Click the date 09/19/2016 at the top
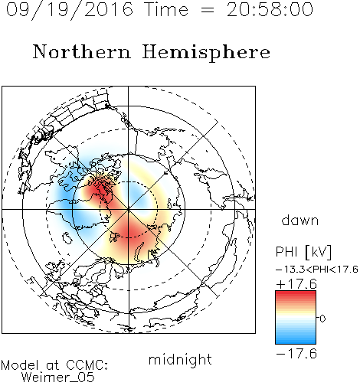pos(70,10)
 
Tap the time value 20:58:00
pos(270,9)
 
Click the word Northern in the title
pos(82,51)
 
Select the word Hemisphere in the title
pos(206,53)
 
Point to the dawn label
pos(300,220)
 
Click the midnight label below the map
pos(180,360)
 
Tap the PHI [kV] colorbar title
pos(303,252)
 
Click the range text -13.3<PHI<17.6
pos(317,270)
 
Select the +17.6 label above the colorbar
pos(296,284)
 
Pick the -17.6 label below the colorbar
pos(296,354)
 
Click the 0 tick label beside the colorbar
pos(322,319)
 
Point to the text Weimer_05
pos(58,378)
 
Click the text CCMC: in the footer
pos(87,365)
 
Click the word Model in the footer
pos(20,365)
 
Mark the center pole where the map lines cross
pos(129,209)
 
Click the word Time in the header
pos(166,9)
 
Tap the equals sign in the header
pos(208,11)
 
